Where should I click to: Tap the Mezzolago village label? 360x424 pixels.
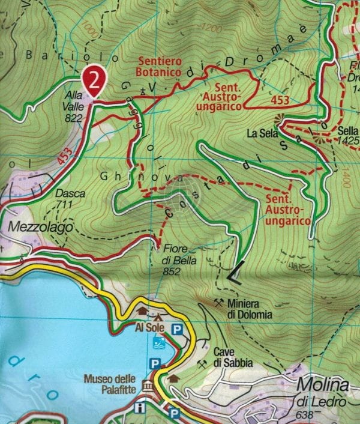40,227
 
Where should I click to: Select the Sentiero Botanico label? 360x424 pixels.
160,66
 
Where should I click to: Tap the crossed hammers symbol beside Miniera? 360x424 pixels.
220,302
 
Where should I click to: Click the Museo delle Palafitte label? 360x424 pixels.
112,383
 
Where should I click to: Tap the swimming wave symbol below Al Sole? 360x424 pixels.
158,344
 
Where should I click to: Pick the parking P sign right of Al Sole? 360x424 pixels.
177,329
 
